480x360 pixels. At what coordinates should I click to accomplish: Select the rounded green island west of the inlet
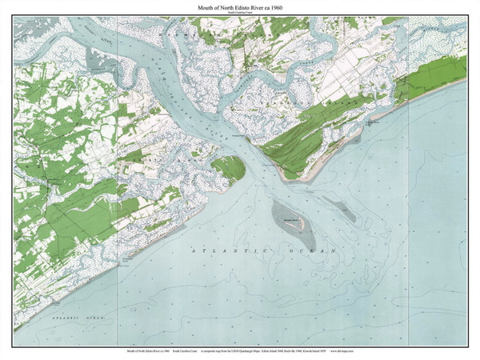point(227,169)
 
